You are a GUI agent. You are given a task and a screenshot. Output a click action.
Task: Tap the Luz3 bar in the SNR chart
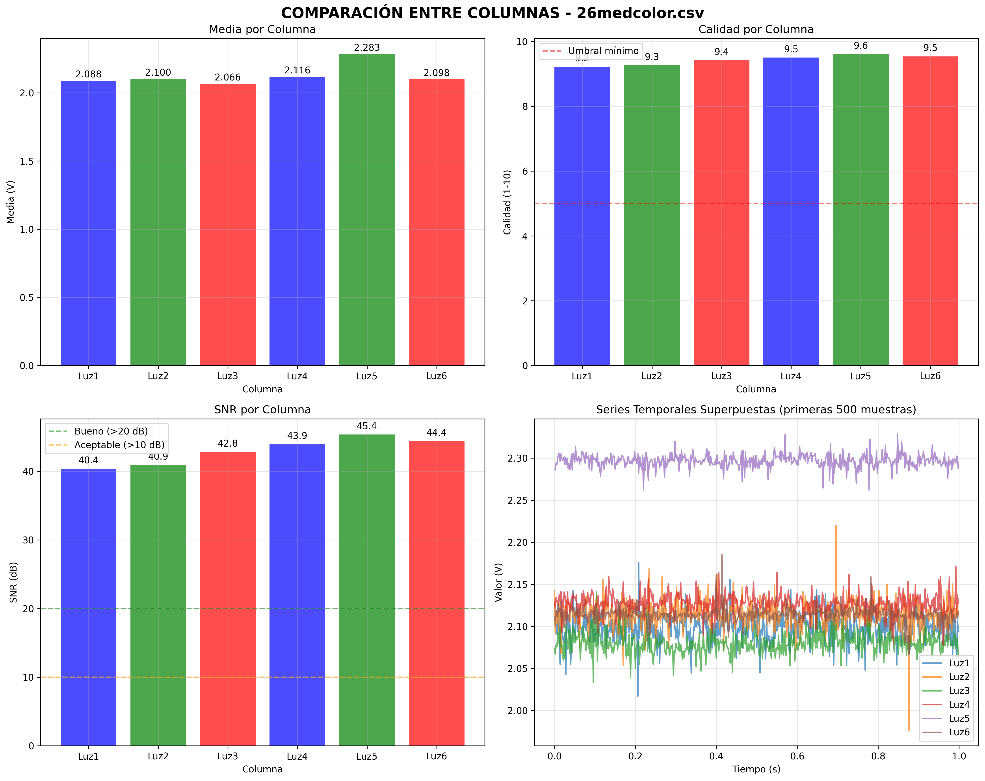227,594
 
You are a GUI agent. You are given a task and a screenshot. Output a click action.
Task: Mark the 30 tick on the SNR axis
28,540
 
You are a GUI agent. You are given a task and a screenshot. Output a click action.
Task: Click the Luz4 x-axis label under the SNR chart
297,756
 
